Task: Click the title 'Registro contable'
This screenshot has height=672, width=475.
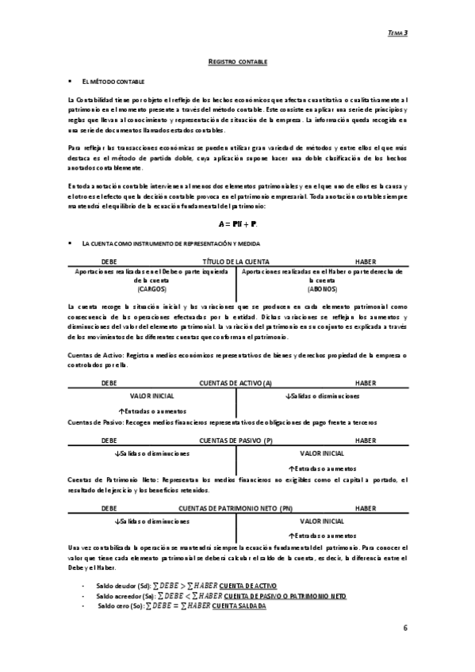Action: click(237, 61)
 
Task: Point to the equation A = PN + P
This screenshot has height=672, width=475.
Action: click(237, 224)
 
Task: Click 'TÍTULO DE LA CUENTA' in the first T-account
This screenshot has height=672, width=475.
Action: click(236, 261)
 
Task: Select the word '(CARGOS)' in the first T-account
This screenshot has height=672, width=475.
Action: click(144, 289)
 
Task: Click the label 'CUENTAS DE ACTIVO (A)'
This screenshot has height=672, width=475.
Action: click(236, 383)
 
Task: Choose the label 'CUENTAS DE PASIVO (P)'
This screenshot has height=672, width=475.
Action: click(236, 441)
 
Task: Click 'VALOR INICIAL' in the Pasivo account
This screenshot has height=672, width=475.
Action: click(322, 453)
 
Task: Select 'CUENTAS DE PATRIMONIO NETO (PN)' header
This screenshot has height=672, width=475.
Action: click(236, 508)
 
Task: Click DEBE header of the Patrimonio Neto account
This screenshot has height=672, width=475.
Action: click(109, 508)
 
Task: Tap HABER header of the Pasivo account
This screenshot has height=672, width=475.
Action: click(366, 441)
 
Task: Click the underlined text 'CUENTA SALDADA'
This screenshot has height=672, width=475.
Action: click(243, 605)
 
